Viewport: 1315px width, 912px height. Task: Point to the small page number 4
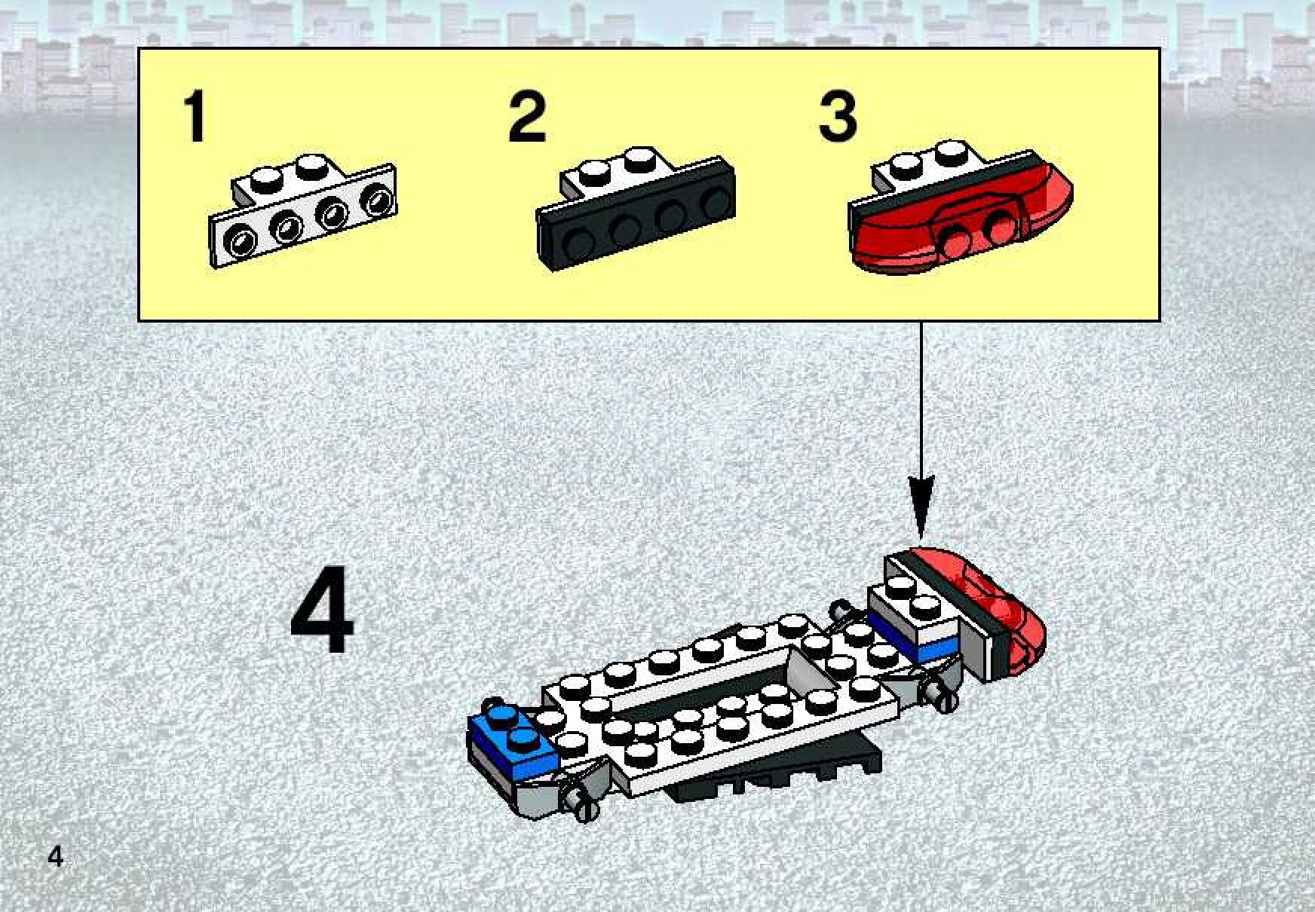tap(55, 857)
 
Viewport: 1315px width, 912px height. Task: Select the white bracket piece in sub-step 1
tap(303, 211)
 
